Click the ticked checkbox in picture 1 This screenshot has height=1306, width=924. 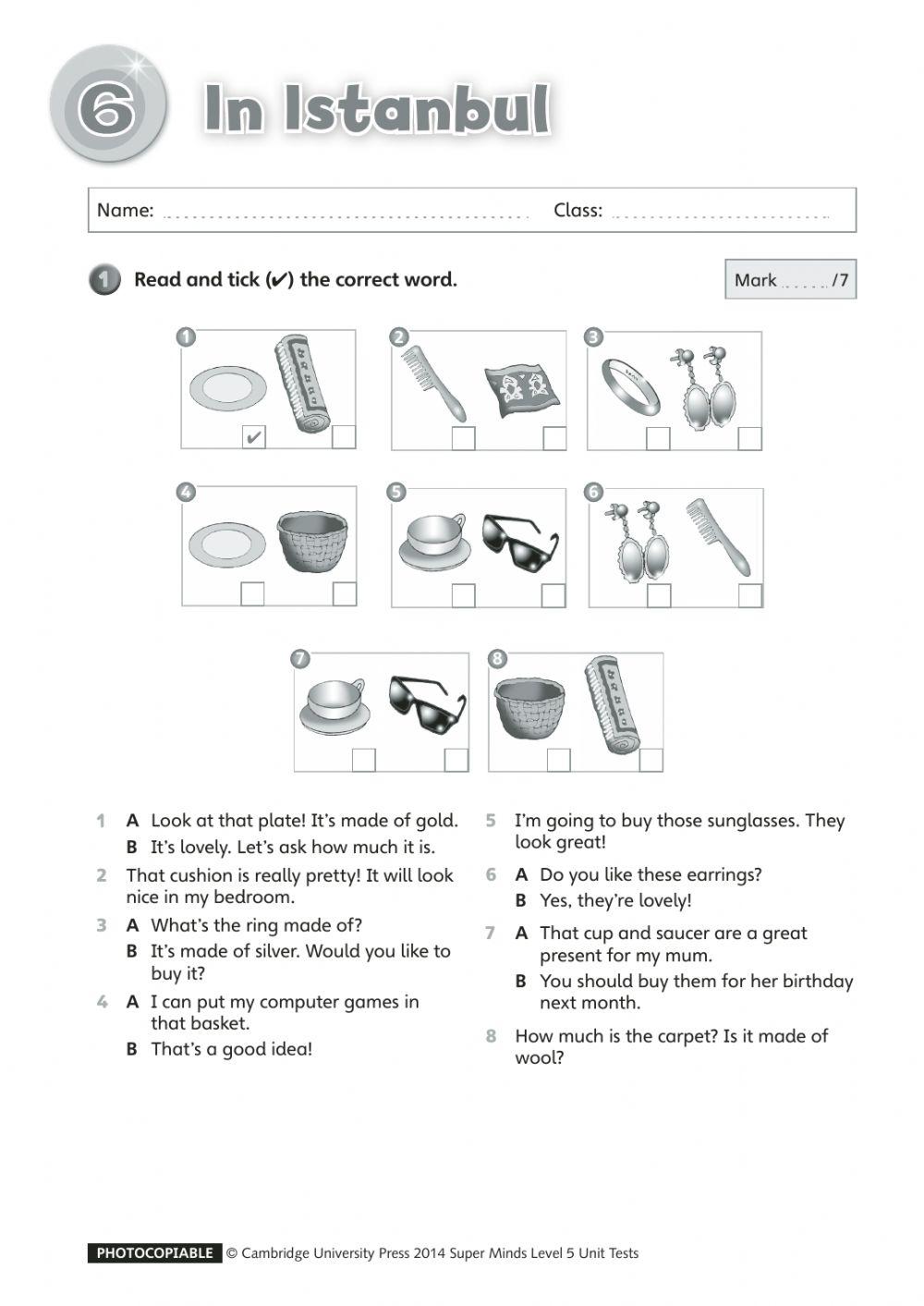coord(252,436)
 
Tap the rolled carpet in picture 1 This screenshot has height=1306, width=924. coord(302,384)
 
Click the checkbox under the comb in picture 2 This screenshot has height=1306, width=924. coord(463,438)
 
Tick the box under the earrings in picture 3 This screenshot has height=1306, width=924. coord(749,438)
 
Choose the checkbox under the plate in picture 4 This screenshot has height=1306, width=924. coord(252,594)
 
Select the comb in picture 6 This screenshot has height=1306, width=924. coord(719,536)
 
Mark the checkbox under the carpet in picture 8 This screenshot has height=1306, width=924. coord(651,760)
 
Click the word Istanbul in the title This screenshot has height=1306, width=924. coord(417,109)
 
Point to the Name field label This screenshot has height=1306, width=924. coord(125,211)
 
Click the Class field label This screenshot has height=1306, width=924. coord(577,211)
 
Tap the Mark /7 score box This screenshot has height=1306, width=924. coord(790,280)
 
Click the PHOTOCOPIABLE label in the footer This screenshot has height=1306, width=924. coord(154,1253)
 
